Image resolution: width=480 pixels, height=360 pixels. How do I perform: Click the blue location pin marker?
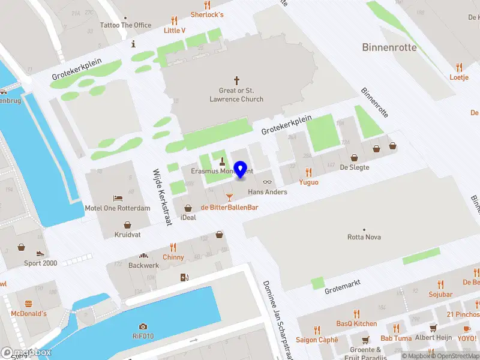click(x=241, y=169)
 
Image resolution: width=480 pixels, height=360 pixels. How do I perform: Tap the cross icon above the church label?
click(x=236, y=80)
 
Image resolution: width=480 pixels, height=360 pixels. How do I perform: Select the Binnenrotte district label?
click(x=389, y=47)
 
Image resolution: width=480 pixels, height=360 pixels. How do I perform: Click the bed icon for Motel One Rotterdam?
click(x=118, y=198)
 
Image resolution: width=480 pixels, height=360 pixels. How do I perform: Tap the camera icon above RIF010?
click(x=143, y=326)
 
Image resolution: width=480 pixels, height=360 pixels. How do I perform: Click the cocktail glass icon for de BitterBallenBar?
click(x=229, y=197)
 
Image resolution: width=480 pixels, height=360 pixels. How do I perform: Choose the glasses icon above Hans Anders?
click(x=268, y=182)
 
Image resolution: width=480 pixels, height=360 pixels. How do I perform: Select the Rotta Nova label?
click(x=364, y=237)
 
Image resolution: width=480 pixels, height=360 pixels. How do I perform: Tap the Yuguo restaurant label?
click(x=308, y=182)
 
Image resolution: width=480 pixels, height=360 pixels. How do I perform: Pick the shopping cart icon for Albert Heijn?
click(x=433, y=328)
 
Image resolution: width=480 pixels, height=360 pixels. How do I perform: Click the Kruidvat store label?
click(x=128, y=235)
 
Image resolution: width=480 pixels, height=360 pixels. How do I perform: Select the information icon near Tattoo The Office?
click(x=133, y=44)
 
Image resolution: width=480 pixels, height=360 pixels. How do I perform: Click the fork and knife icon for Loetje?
click(x=459, y=67)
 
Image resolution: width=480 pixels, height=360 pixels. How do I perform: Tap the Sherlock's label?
click(x=207, y=14)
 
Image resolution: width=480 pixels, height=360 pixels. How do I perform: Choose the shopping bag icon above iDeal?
click(x=188, y=208)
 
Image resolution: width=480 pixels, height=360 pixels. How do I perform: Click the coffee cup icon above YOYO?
click(x=467, y=328)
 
